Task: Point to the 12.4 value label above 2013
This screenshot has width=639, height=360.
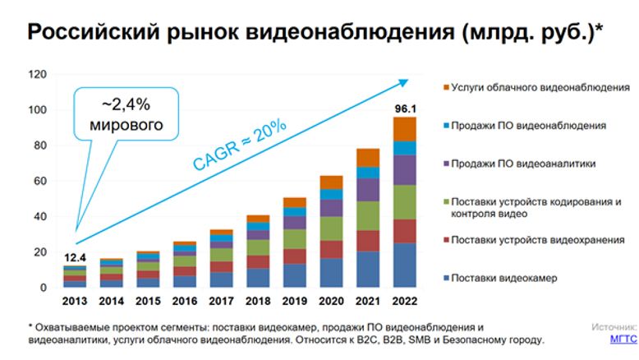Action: point(73,258)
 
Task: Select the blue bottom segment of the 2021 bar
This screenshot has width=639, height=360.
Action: point(368,269)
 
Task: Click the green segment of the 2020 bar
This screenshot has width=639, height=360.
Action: point(331,228)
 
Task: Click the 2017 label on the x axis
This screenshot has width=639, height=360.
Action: point(221,300)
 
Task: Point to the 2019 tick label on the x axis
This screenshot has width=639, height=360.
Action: point(295,300)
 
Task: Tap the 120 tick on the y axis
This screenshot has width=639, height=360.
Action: point(37,74)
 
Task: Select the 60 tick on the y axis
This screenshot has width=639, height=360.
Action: point(39,181)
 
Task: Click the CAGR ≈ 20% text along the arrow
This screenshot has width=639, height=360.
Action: point(239,145)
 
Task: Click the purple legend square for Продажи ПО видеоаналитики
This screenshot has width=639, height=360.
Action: point(446,164)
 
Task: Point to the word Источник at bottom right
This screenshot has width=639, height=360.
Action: point(614,326)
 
